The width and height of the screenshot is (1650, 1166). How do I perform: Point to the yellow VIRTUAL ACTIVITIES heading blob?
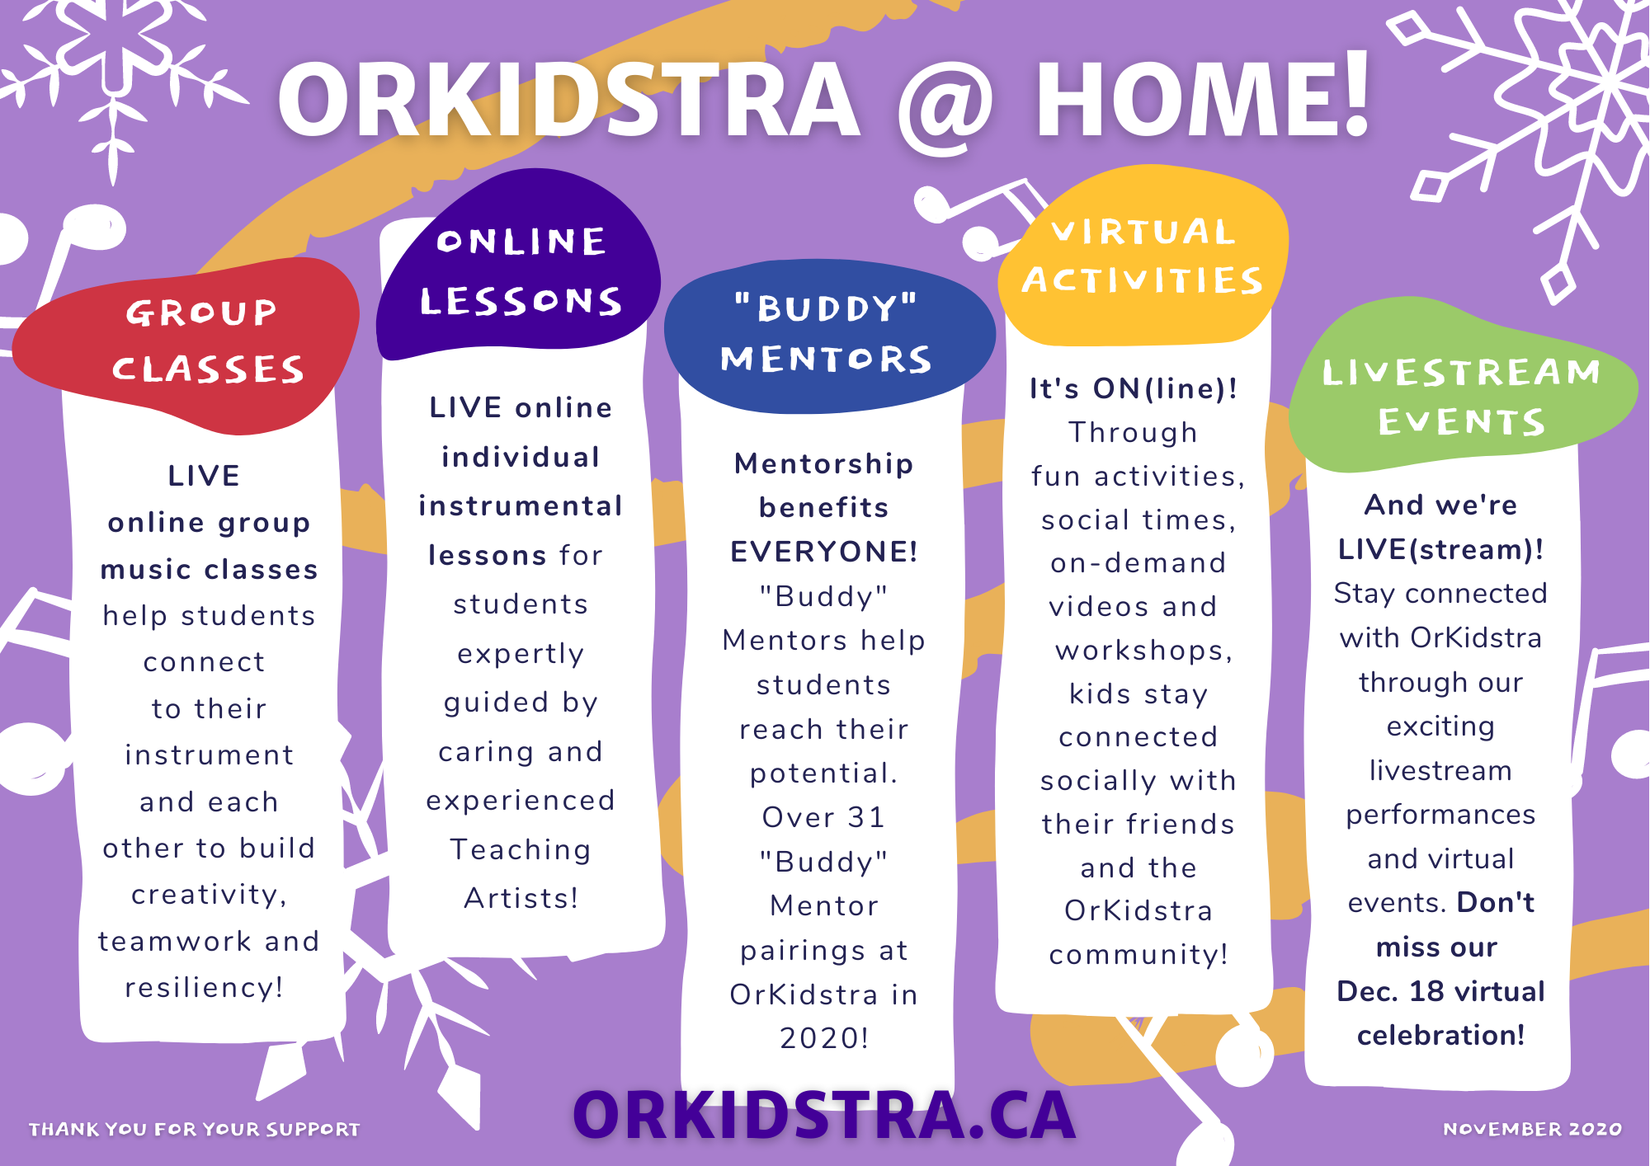(x=1143, y=255)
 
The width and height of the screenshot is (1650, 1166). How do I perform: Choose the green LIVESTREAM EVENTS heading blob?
(x=1461, y=388)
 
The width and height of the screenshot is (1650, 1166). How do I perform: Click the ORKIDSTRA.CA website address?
(x=824, y=1115)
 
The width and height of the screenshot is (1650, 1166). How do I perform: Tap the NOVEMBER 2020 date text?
(x=1532, y=1129)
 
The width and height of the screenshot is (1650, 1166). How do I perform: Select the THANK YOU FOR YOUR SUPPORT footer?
(x=195, y=1129)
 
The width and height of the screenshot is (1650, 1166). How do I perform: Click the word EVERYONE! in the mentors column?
(x=824, y=552)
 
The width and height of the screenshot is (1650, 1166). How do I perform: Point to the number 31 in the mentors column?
(x=865, y=817)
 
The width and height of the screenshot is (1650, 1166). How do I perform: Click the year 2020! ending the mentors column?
(x=824, y=1038)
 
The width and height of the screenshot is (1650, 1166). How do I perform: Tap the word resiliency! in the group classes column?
(x=205, y=988)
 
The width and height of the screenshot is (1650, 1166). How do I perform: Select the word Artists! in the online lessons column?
(x=521, y=898)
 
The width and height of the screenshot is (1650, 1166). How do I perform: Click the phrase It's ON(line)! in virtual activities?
(x=1134, y=388)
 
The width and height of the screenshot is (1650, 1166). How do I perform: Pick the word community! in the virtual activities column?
(x=1138, y=955)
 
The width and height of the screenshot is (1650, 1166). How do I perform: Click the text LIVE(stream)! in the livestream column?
(x=1440, y=549)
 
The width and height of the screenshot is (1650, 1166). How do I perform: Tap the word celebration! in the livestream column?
(x=1440, y=1035)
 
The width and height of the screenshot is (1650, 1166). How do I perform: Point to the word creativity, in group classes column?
(x=209, y=895)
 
